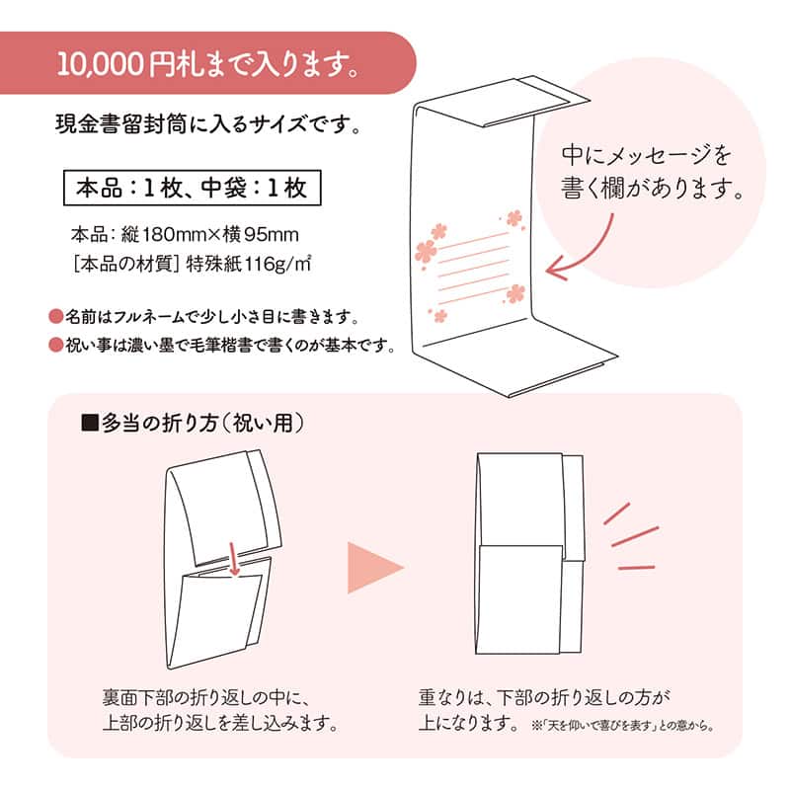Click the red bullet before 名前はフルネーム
(55, 317)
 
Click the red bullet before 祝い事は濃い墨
(55, 346)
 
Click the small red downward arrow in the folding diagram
(235, 560)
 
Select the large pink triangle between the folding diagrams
(374, 567)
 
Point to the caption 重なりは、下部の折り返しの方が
(544, 697)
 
